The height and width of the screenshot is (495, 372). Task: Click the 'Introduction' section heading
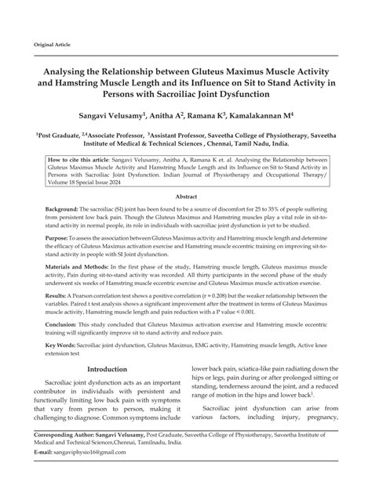108,391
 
